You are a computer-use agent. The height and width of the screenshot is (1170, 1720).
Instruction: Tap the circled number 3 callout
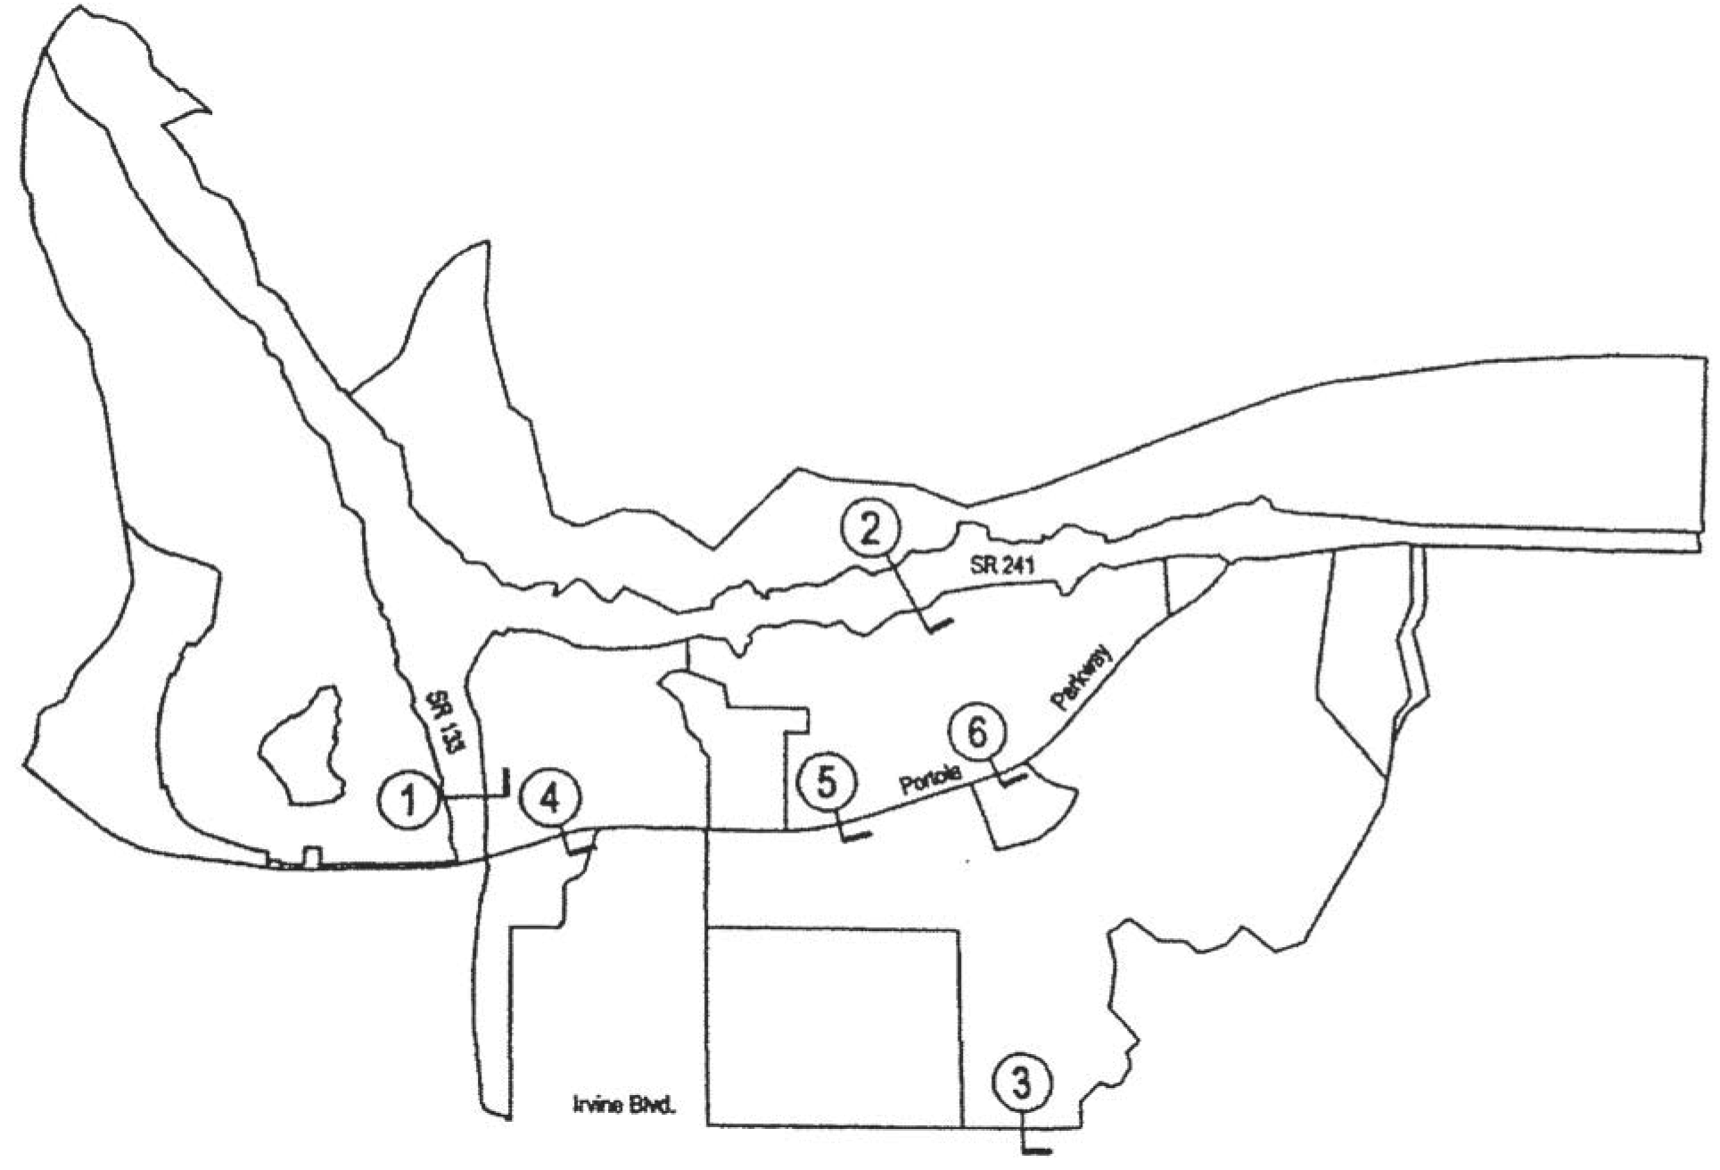pos(1022,1083)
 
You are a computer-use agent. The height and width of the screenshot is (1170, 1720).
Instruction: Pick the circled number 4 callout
pos(550,800)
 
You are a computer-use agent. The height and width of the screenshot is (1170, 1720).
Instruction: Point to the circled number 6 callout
pos(978,734)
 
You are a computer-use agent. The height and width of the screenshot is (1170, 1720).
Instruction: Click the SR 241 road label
pos(1002,565)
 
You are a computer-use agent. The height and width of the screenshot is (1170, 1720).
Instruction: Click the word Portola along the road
pos(931,781)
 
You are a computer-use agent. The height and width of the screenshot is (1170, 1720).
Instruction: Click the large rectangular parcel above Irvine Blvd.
pos(834,1026)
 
